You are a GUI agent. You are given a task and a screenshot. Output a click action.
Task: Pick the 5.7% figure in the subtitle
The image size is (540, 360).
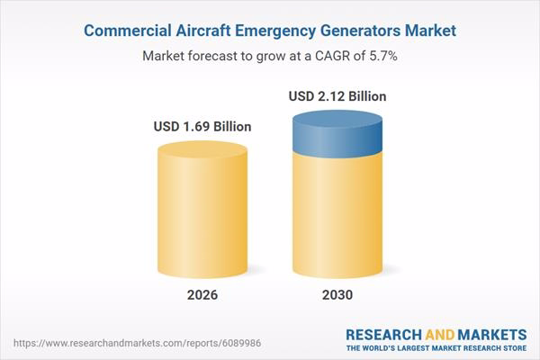[x=382, y=55]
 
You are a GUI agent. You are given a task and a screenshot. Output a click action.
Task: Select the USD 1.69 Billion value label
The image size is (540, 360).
[x=202, y=126]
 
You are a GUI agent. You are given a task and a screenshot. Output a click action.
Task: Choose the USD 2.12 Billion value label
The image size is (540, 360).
[x=337, y=94]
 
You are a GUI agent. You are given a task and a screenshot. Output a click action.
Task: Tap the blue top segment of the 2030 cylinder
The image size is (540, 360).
[x=337, y=130]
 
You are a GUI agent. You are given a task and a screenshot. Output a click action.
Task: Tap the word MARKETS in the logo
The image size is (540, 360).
[x=492, y=332]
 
